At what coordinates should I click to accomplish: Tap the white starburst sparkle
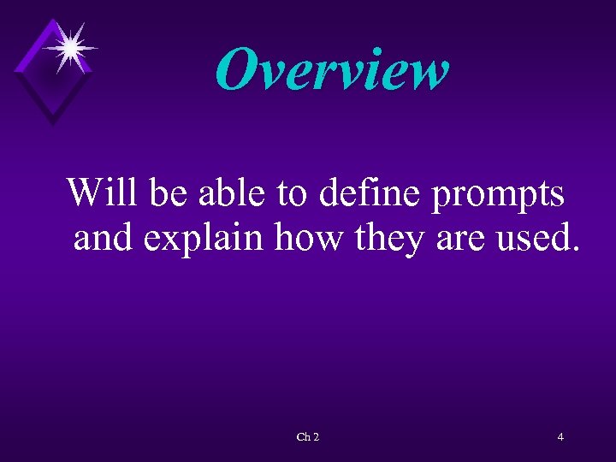[69, 47]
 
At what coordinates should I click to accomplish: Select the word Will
[104, 192]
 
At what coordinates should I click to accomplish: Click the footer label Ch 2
[308, 437]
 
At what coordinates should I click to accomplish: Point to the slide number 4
[560, 437]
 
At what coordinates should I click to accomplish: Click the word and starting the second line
[104, 237]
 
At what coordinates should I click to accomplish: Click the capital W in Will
[87, 192]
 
